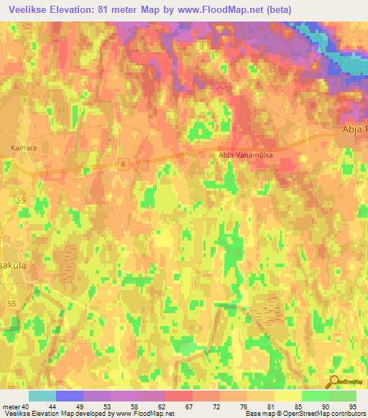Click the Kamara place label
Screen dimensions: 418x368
click(x=23, y=149)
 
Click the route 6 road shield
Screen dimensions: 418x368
click(x=124, y=164)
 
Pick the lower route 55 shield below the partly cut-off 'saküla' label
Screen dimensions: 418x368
click(x=11, y=305)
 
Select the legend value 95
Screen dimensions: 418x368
click(x=352, y=407)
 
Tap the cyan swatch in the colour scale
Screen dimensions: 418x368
click(x=42, y=396)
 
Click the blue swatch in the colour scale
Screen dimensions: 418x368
click(x=70, y=396)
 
